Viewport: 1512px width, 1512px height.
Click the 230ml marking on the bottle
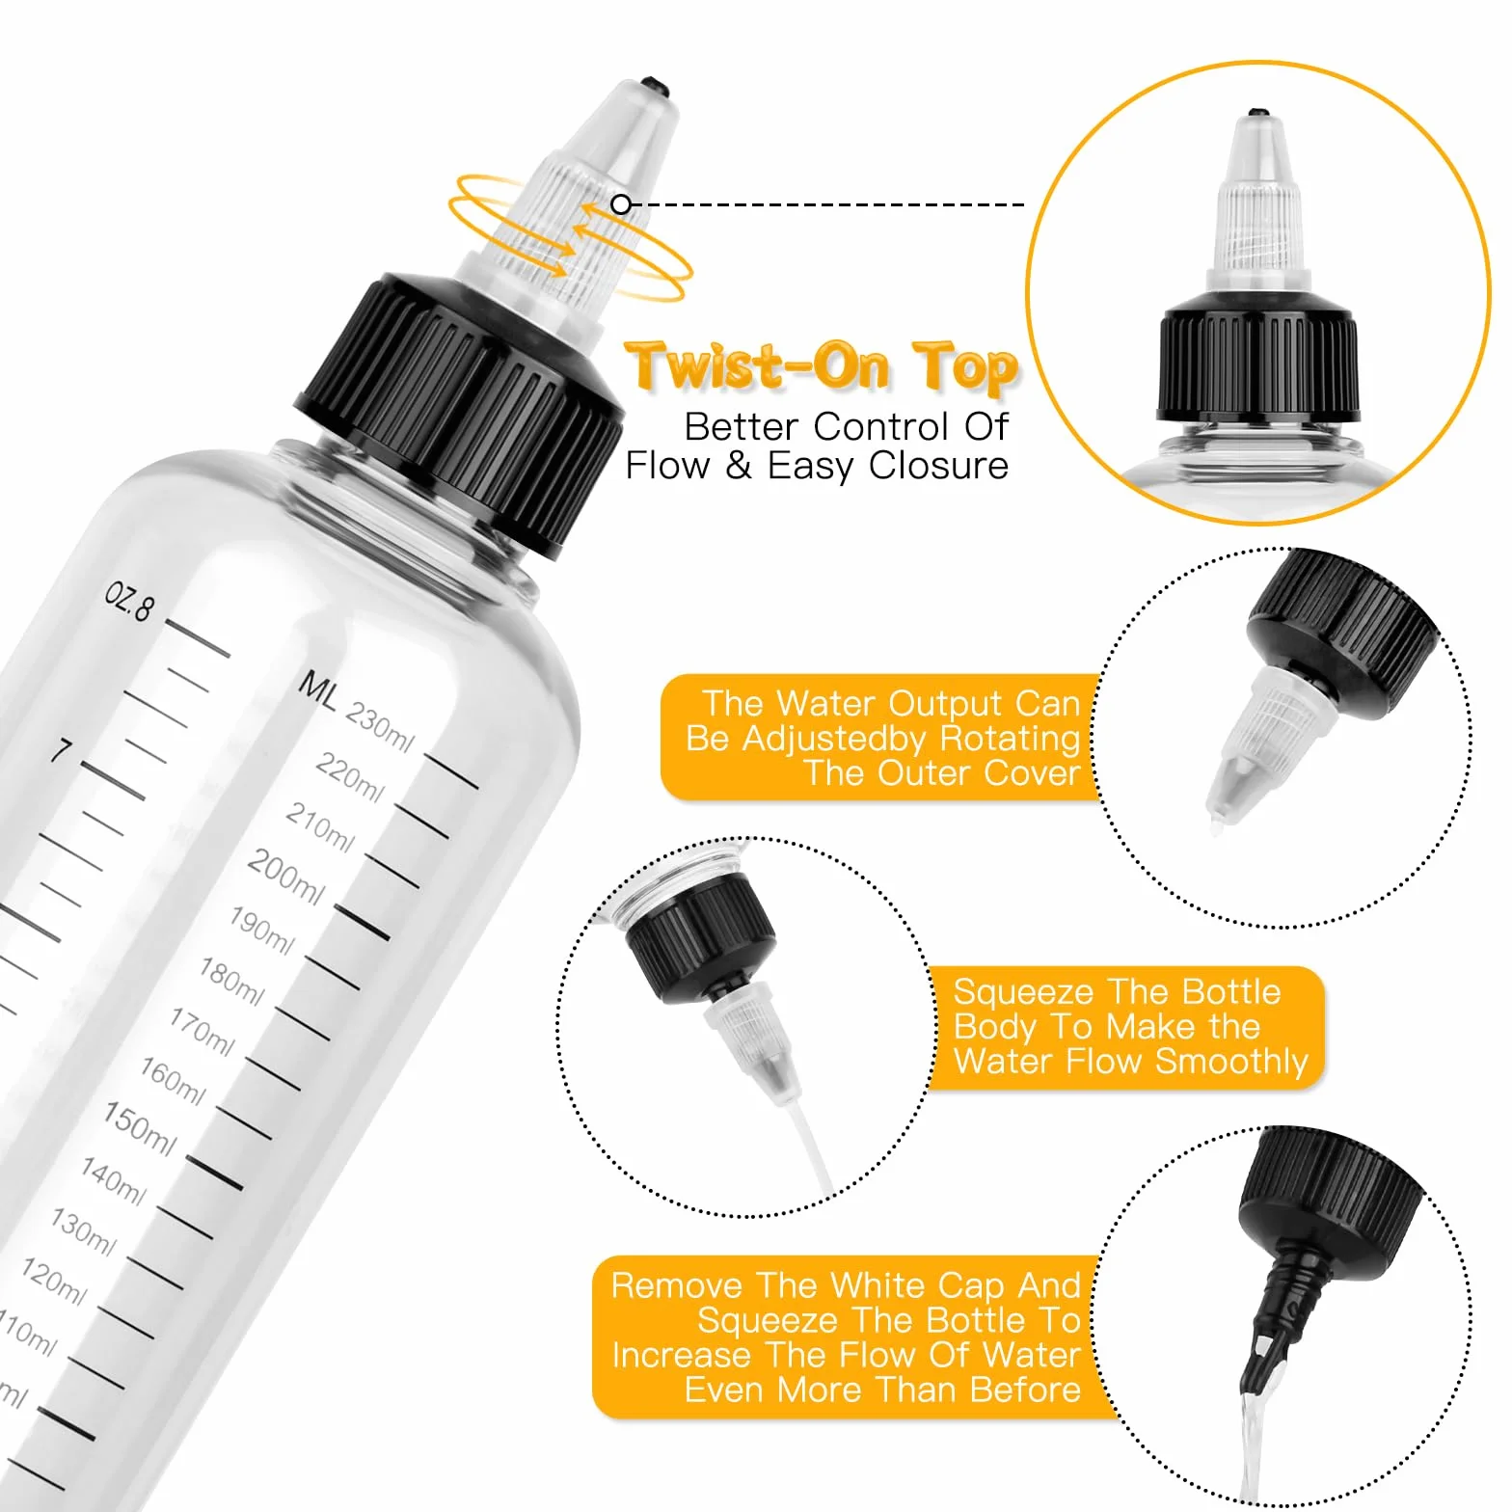pos(380,728)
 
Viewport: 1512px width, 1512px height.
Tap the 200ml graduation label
pos(285,876)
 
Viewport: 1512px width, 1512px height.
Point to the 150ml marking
pos(140,1128)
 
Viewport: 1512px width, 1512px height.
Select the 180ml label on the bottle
pos(231,981)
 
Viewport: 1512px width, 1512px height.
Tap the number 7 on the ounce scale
pos(62,750)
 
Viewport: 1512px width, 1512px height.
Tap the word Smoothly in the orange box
pos(1231,1063)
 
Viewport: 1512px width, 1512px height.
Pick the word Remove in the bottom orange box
pos(677,1285)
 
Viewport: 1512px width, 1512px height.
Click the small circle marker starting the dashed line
pos(622,204)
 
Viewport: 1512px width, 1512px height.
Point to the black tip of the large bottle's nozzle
pos(656,85)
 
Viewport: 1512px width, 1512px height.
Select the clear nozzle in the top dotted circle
pos(1261,746)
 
